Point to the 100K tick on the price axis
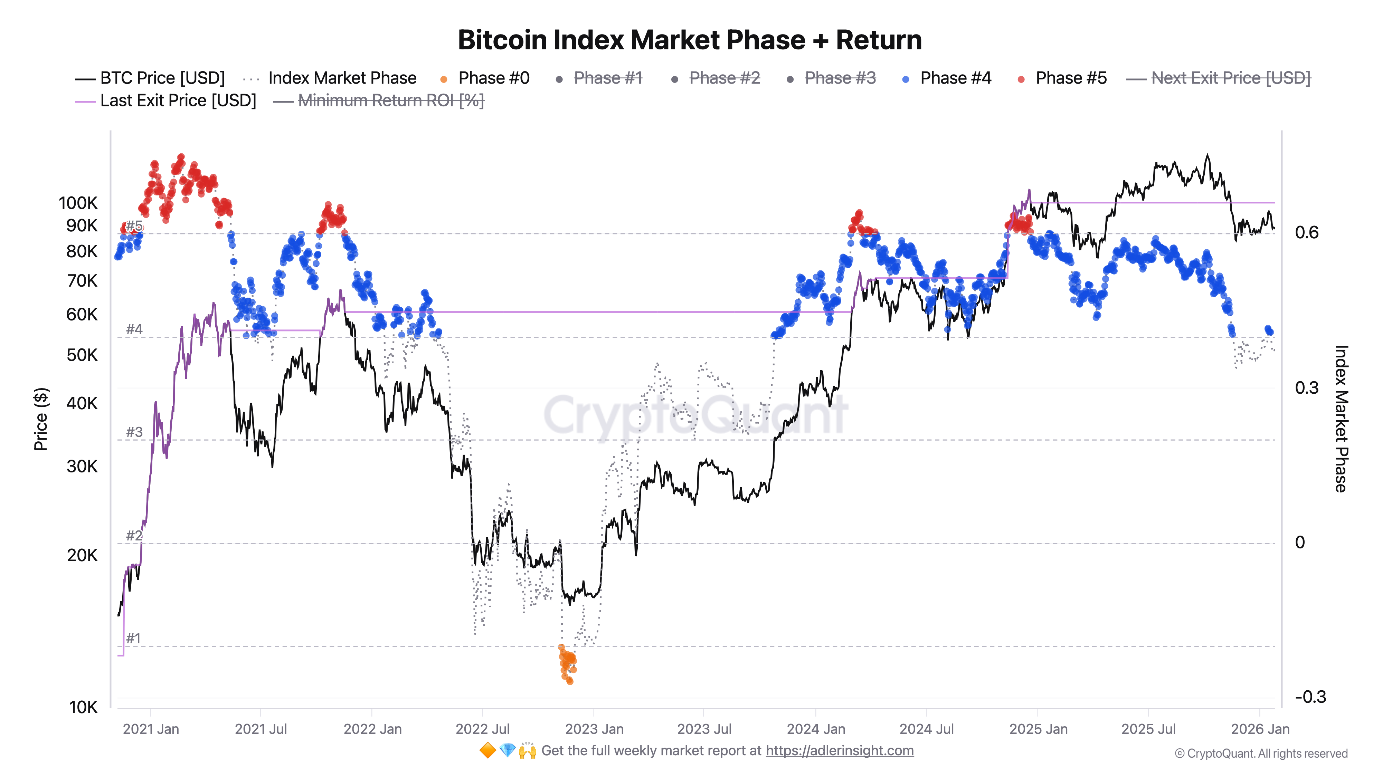[78, 203]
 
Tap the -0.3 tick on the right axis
[1309, 697]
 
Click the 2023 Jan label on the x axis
[594, 729]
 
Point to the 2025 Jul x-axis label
[1148, 729]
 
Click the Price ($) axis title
[41, 419]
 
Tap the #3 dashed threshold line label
[134, 432]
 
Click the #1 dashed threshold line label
[133, 639]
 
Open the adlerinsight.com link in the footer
[839, 751]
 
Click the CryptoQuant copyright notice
[1261, 754]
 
